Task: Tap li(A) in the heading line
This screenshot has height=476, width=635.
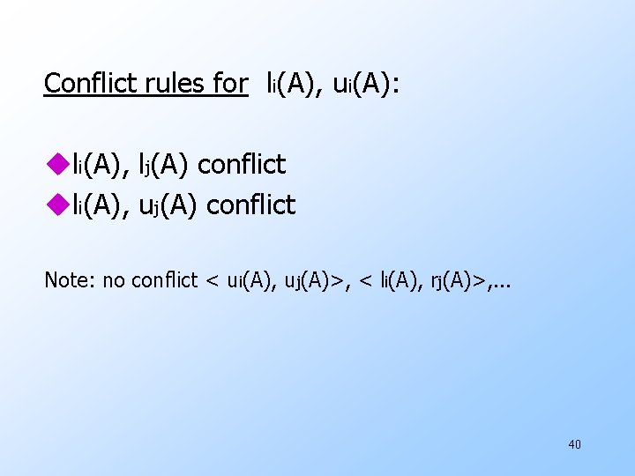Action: pyautogui.click(x=295, y=85)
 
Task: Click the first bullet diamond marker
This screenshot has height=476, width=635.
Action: pyautogui.click(x=57, y=164)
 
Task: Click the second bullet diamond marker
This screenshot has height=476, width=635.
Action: pyautogui.click(x=57, y=205)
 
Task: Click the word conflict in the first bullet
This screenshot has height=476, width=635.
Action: pyautogui.click(x=242, y=164)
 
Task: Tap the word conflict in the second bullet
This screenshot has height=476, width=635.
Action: pyautogui.click(x=250, y=205)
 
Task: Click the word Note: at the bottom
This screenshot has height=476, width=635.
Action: pyautogui.click(x=71, y=280)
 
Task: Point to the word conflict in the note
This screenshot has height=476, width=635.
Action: pyautogui.click(x=164, y=280)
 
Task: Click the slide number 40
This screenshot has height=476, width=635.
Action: pyautogui.click(x=574, y=444)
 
